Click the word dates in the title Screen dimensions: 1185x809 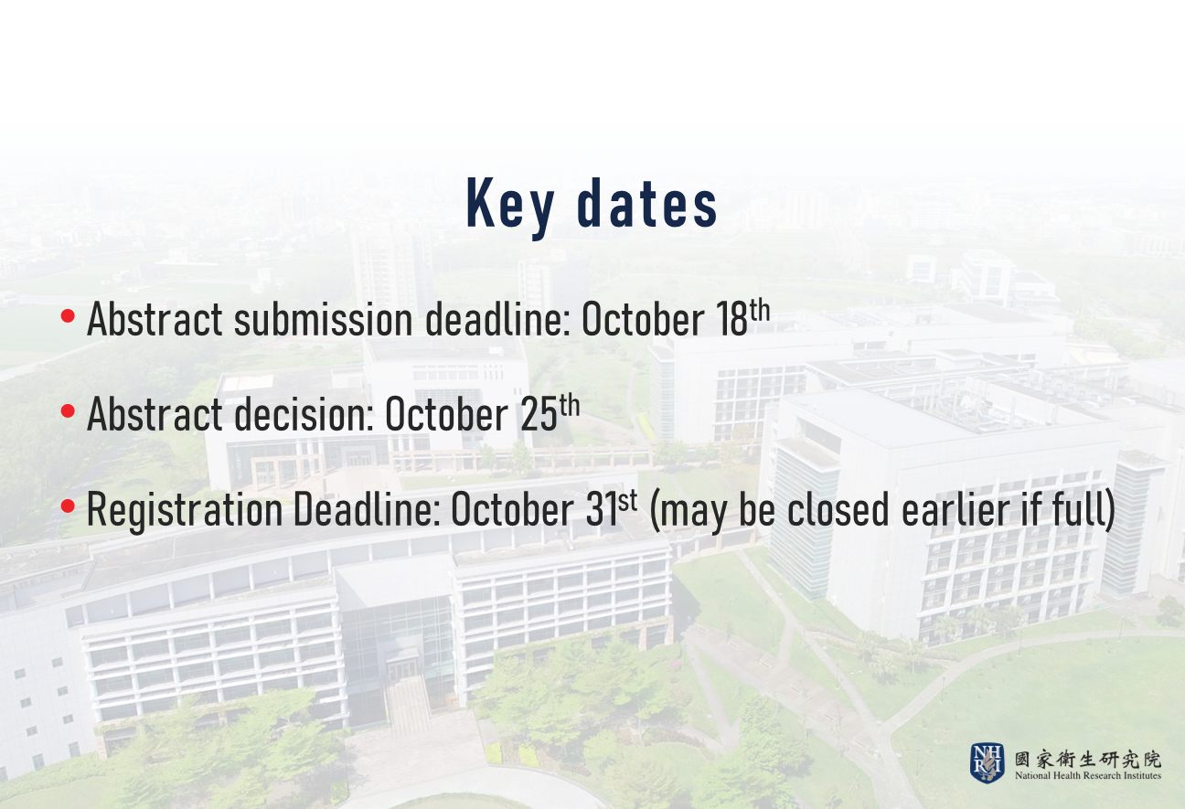tap(647, 204)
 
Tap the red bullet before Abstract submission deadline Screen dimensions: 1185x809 tap(68, 315)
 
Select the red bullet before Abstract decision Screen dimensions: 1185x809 tap(68, 410)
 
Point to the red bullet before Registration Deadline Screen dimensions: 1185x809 tap(68, 506)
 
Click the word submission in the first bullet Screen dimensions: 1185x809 tap(324, 319)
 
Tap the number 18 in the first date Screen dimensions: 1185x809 tap(731, 319)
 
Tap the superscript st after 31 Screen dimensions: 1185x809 tap(627, 500)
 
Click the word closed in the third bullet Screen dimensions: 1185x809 tap(838, 509)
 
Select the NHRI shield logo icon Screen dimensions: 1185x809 tap(987, 763)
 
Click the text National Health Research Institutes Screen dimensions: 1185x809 tap(1088, 776)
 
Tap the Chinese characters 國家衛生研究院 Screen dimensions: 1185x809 tap(1088, 760)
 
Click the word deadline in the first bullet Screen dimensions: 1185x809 tap(498, 319)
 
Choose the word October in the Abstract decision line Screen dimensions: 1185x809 tap(446, 414)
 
